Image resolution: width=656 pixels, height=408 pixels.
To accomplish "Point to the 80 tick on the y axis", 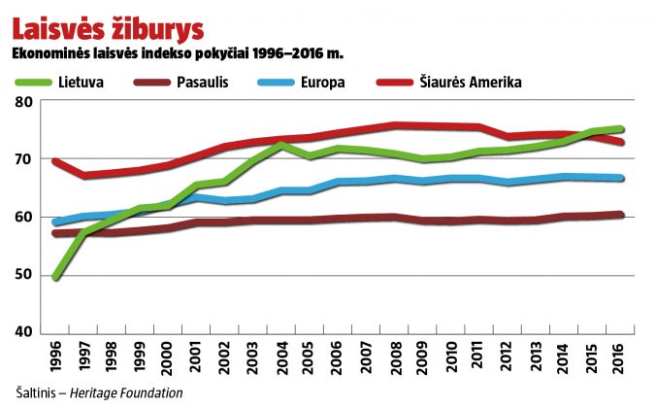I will [24, 102].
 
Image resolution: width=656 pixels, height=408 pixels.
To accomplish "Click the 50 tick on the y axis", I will [24, 275].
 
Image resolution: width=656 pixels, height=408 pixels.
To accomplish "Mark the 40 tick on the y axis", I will [24, 332].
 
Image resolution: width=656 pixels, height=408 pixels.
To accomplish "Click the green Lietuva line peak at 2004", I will [280, 145].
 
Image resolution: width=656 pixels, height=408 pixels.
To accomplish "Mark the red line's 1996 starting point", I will [54, 161].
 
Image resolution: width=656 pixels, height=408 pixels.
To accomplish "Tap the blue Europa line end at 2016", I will [621, 178].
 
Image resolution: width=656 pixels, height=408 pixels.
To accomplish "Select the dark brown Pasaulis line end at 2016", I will [621, 215].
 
